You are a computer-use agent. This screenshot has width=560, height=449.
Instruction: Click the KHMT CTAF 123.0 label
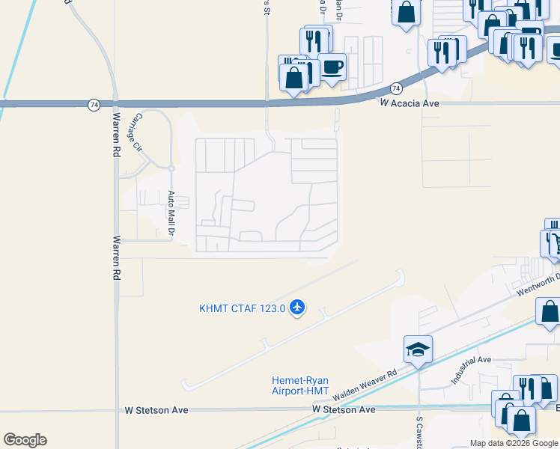[242, 308]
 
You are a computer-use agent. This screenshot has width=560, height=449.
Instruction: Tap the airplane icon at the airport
[298, 307]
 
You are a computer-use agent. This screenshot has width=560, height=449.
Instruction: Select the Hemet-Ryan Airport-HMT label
[300, 385]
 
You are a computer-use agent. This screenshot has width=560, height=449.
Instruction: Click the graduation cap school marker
[419, 349]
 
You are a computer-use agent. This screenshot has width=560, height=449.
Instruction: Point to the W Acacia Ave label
[409, 103]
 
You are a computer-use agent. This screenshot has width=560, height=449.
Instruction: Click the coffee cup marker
[332, 67]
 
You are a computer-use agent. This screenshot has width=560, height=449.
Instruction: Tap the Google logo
[25, 440]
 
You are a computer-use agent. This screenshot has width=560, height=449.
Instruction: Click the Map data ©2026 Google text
[514, 443]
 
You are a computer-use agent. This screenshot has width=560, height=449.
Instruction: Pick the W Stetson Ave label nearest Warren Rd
[157, 410]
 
